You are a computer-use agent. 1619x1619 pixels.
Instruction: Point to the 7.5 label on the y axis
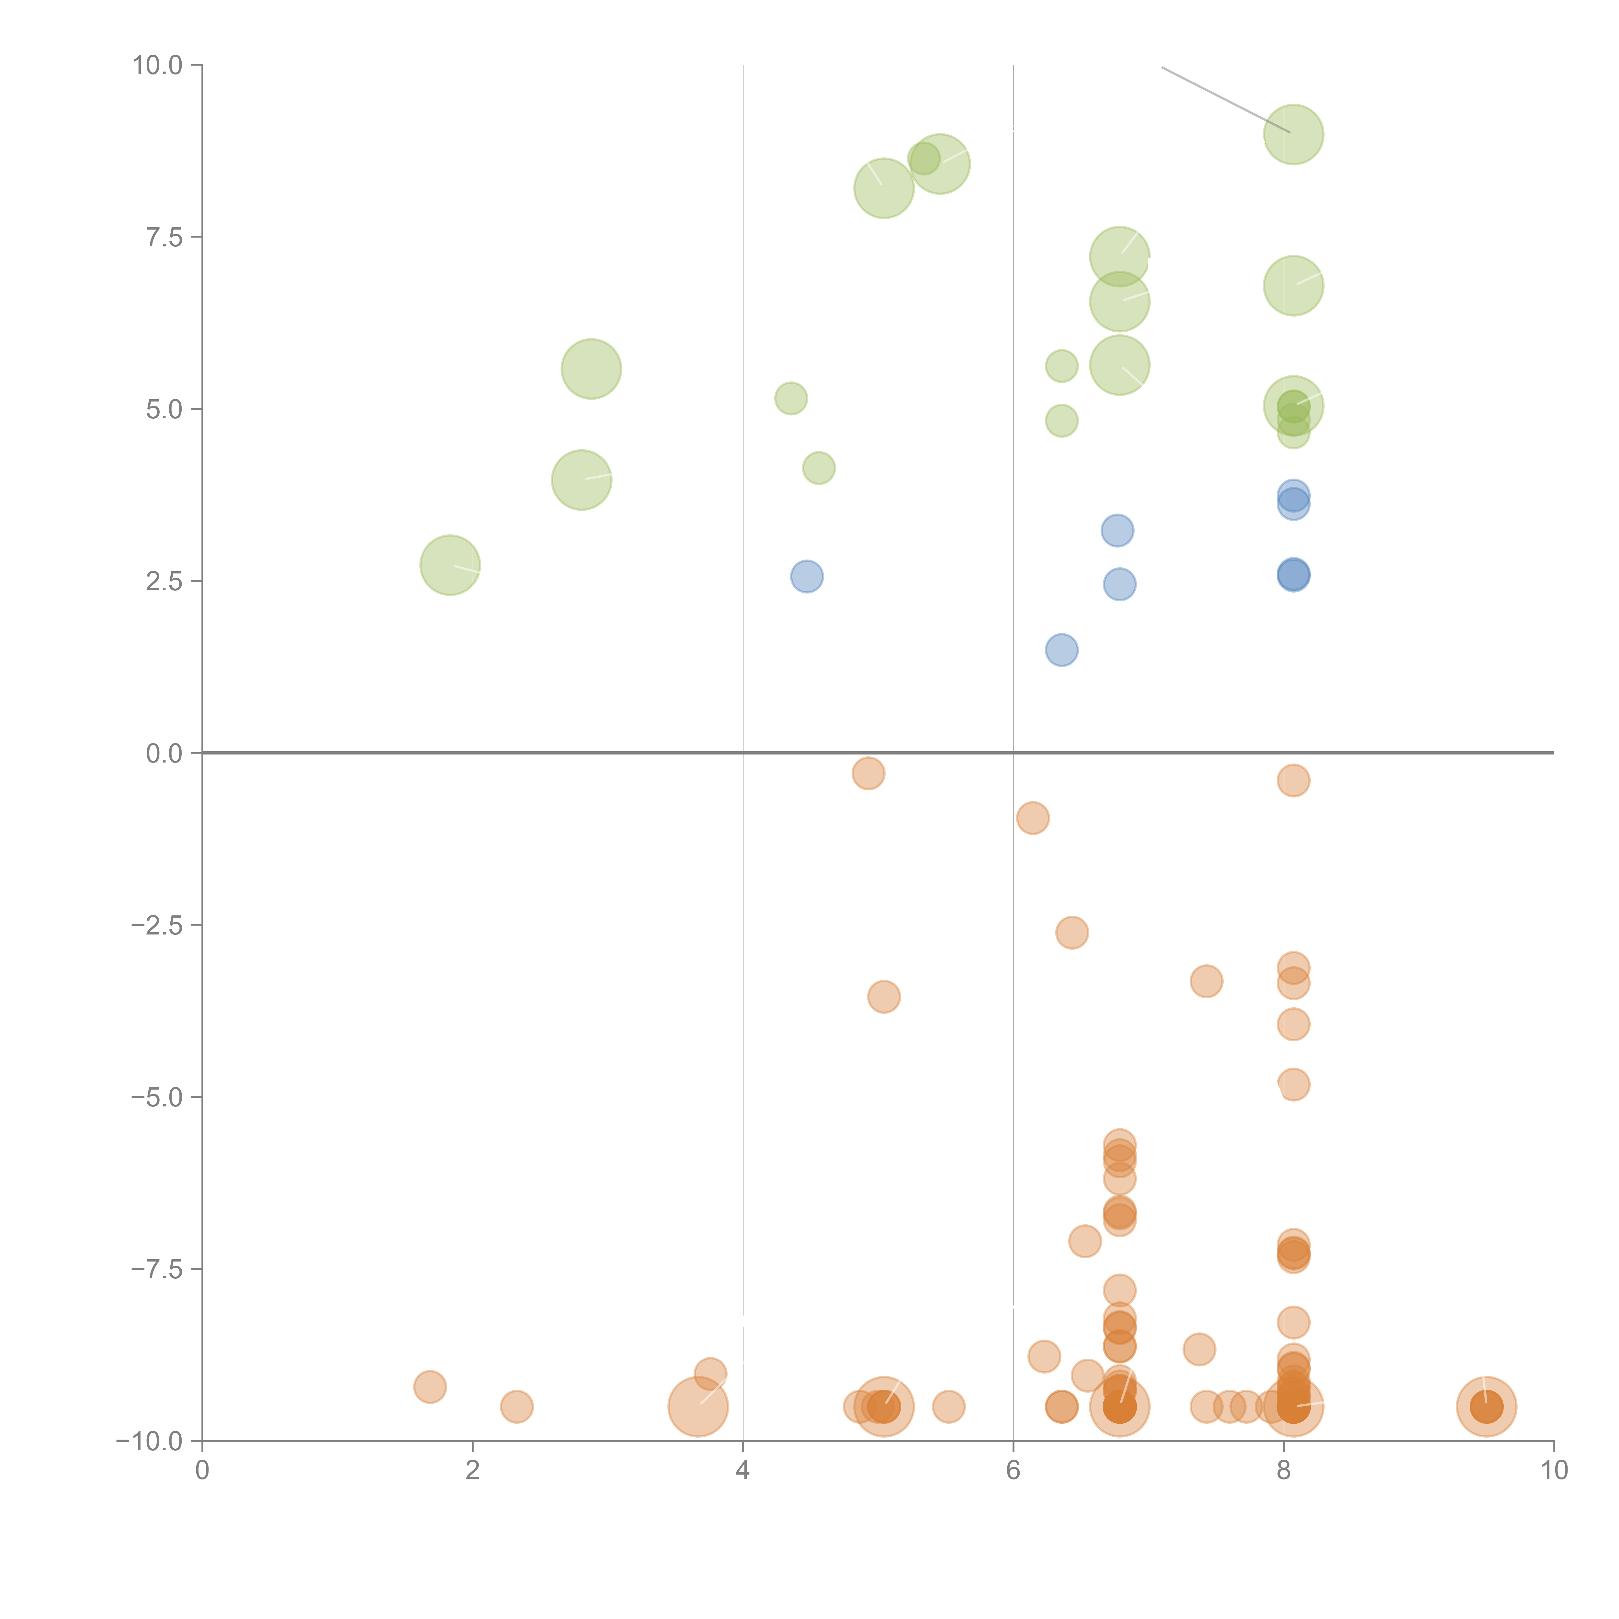[164, 237]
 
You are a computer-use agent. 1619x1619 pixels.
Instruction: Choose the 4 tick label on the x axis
[742, 1471]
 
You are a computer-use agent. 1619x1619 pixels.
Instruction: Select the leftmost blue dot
[806, 577]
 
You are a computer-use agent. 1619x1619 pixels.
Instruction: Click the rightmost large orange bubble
[1487, 1406]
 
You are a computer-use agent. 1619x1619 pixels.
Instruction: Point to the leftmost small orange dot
[430, 1387]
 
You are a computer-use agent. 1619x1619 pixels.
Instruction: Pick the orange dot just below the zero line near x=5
[868, 773]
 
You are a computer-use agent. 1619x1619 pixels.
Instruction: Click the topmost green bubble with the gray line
[1293, 134]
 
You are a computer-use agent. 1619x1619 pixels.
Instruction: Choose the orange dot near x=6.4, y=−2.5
[1072, 932]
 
